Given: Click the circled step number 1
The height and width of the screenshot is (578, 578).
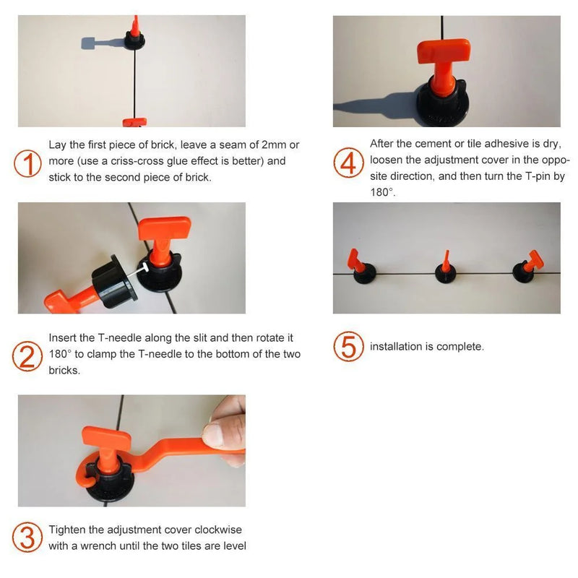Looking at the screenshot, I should (x=27, y=163).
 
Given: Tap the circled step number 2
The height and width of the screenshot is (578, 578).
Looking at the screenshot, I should (x=27, y=355).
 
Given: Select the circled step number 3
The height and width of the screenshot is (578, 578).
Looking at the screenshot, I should (x=27, y=538).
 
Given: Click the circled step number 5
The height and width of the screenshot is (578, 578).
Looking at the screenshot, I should (x=348, y=347).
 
